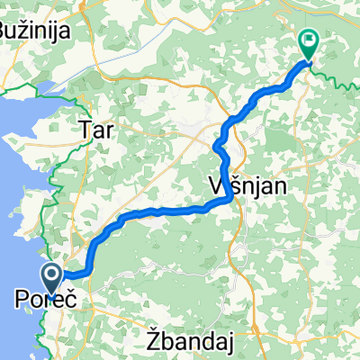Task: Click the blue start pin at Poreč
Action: [52, 280]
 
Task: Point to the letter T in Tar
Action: [85, 130]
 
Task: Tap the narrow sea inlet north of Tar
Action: [45, 88]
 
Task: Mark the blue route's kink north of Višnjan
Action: [217, 144]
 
